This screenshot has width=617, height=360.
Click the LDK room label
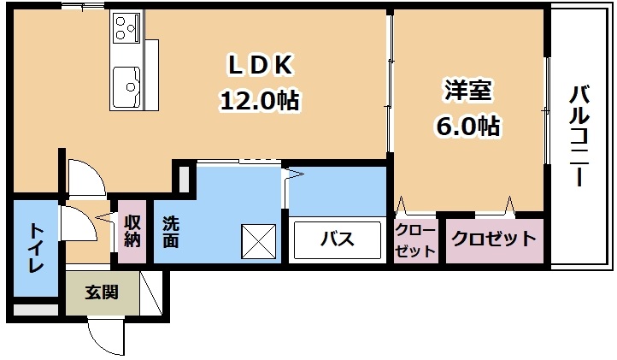click(260, 64)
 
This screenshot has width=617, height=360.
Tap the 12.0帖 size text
click(260, 100)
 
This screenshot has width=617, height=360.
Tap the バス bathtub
click(337, 239)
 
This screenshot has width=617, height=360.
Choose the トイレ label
click(36, 247)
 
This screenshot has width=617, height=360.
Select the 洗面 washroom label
click(171, 231)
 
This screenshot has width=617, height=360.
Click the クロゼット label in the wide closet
click(493, 239)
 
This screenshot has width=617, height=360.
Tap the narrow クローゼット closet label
click(415, 239)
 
